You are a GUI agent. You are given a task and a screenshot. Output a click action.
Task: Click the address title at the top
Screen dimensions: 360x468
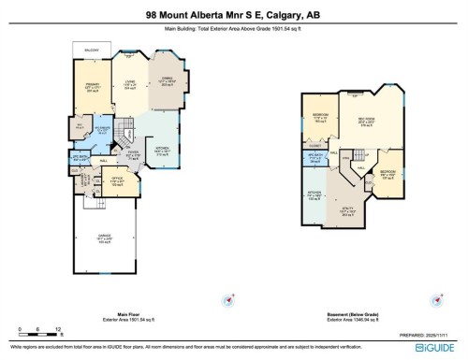click(x=233, y=14)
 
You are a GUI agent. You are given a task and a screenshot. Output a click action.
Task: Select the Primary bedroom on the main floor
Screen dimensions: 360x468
click(x=91, y=88)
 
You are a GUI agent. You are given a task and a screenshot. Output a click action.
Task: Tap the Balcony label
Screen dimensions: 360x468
click(x=90, y=50)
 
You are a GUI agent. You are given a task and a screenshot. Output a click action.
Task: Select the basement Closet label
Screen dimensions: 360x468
click(x=315, y=147)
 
